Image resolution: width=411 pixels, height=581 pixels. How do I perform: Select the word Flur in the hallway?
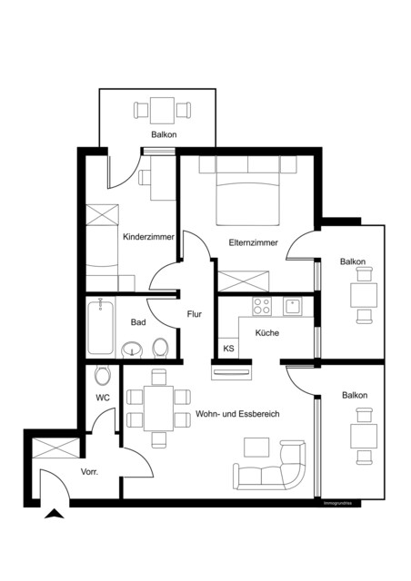click(x=194, y=314)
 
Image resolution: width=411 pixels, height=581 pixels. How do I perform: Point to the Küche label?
click(x=266, y=333)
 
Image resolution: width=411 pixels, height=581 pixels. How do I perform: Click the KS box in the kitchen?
click(x=228, y=348)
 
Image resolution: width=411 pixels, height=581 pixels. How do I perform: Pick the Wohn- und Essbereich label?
click(x=236, y=414)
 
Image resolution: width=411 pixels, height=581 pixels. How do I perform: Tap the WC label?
click(x=103, y=398)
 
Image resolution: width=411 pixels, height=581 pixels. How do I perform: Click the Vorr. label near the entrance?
click(x=89, y=473)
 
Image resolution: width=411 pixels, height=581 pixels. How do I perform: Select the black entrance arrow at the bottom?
click(x=56, y=515)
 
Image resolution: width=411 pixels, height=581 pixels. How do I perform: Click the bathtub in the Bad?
click(x=98, y=328)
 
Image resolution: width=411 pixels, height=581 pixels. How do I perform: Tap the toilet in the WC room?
click(x=103, y=372)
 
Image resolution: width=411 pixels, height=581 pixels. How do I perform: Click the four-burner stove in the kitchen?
click(x=263, y=306)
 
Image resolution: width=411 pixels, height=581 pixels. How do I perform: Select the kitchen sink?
click(x=294, y=306)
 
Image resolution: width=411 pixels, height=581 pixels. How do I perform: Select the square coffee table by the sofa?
click(x=257, y=447)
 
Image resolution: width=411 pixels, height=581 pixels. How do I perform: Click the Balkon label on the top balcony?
click(x=164, y=134)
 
